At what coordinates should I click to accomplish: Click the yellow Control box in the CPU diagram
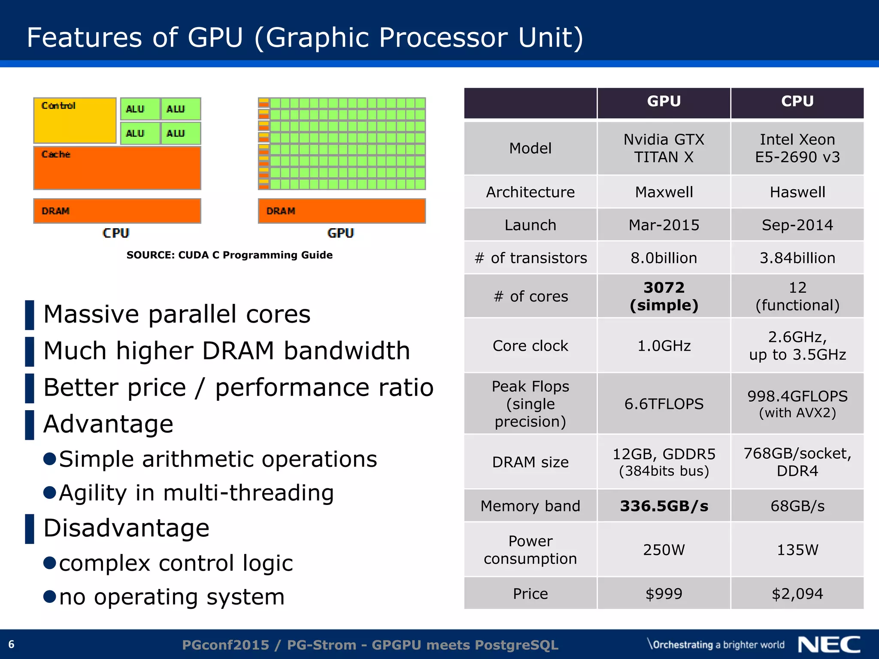point(75,121)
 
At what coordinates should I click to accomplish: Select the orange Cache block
point(117,168)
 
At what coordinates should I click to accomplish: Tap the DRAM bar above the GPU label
point(342,211)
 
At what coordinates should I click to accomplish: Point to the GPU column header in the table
point(664,102)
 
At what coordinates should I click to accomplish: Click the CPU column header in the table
point(797,102)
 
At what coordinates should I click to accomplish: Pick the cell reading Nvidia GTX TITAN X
point(664,148)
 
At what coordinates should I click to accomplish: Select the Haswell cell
point(797,192)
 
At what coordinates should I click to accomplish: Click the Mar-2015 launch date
point(664,225)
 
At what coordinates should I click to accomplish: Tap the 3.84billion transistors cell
point(797,258)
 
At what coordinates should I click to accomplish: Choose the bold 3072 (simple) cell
point(664,296)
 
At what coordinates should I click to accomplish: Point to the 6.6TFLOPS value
point(664,404)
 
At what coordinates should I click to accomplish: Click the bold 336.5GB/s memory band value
point(664,506)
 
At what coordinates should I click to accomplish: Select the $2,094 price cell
point(797,594)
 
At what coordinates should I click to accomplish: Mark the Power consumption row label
point(530,550)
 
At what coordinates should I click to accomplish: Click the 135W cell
point(797,550)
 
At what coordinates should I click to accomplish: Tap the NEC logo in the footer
point(829,645)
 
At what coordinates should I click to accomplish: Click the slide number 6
point(12,644)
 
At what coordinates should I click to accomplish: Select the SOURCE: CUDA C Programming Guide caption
point(229,255)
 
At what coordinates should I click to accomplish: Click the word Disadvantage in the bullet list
point(126,528)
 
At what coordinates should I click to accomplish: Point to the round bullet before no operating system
point(50,596)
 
